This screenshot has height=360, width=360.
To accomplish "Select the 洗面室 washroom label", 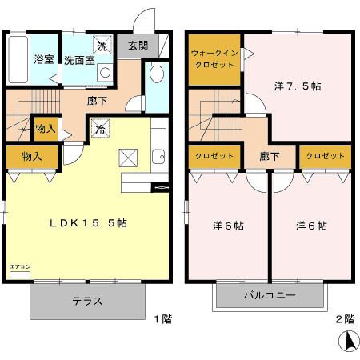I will (x=79, y=59).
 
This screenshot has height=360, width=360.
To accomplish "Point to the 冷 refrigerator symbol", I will (x=101, y=127).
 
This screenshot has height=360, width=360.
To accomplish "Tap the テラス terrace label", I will (x=87, y=302).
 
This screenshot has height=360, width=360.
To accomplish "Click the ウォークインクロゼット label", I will (x=214, y=58).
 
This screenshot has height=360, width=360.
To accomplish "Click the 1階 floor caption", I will (x=162, y=318).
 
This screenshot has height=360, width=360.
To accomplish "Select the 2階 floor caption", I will (x=344, y=318).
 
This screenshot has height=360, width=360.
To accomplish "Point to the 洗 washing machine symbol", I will (x=102, y=44).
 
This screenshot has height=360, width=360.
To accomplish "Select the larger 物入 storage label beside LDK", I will (x=31, y=156).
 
